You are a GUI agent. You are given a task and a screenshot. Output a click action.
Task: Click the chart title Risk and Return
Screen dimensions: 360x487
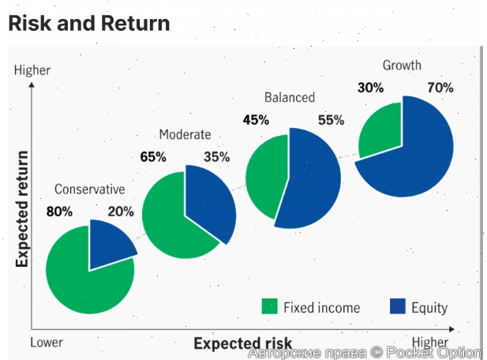(88, 23)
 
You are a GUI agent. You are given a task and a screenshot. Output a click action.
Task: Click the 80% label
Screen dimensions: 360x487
(59, 212)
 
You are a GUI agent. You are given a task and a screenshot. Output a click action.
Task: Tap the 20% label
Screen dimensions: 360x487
(121, 212)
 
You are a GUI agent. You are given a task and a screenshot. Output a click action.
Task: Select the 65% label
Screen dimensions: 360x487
(153, 157)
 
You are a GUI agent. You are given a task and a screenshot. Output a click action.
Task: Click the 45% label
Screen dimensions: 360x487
(256, 120)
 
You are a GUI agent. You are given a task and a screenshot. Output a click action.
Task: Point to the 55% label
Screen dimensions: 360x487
(332, 120)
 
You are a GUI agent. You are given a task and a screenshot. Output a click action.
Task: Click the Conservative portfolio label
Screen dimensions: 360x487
(90, 189)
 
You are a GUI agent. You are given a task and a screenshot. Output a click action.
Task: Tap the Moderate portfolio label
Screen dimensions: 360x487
(185, 134)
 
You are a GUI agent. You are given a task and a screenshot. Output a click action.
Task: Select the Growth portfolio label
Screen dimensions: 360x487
(402, 66)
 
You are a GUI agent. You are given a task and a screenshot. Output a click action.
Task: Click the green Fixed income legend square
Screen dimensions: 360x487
(270, 307)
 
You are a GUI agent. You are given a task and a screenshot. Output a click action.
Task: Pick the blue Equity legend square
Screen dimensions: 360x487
(397, 307)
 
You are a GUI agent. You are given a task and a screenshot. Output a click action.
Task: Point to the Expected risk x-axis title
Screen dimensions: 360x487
(243, 343)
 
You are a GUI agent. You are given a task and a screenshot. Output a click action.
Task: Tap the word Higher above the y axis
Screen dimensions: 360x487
(32, 70)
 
